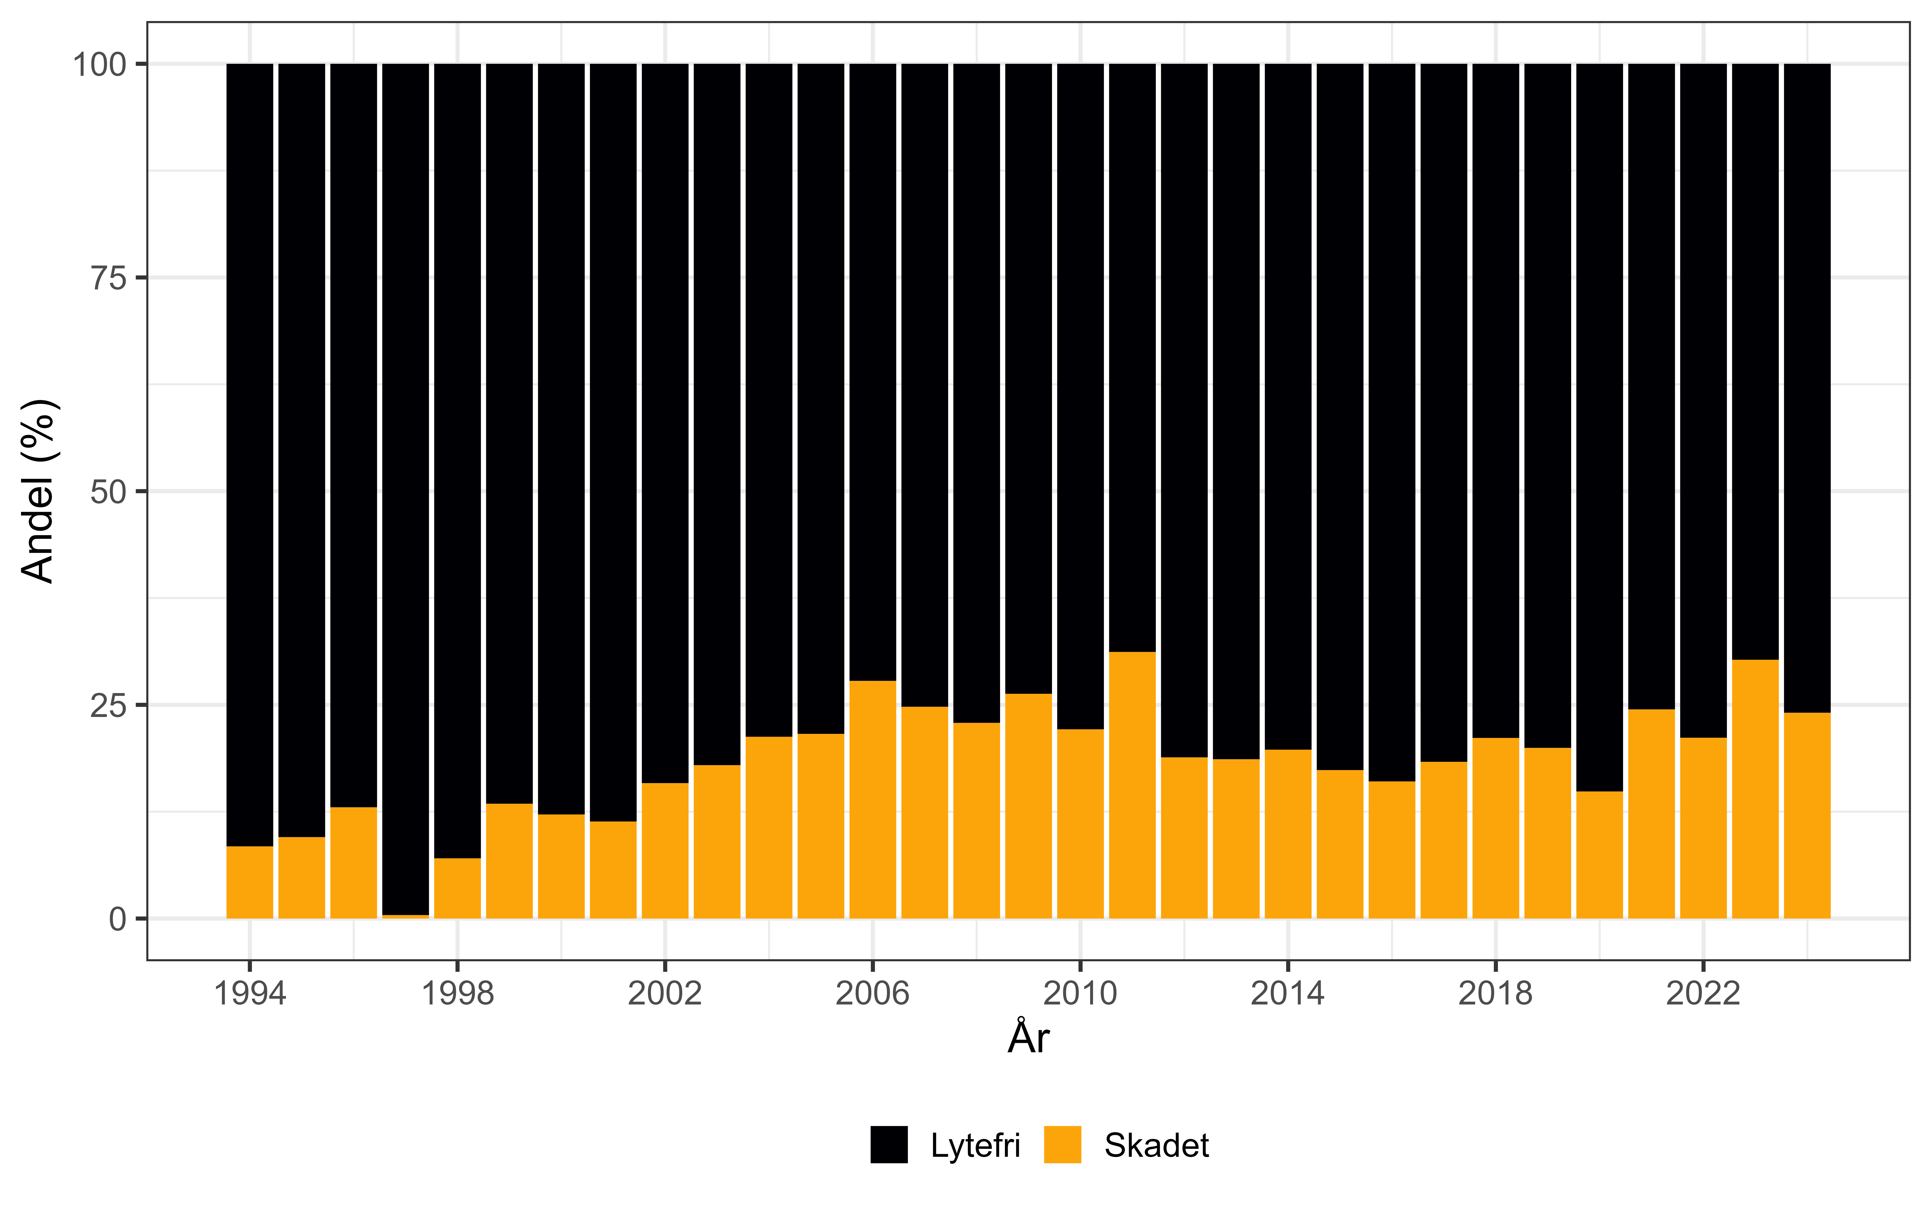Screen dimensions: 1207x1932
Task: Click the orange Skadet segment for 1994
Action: click(250, 882)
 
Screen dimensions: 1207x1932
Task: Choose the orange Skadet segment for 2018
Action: click(1495, 828)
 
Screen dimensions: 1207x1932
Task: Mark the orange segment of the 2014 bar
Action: click(1288, 834)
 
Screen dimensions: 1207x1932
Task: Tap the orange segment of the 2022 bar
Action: click(1703, 828)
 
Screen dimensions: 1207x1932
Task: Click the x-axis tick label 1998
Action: click(457, 994)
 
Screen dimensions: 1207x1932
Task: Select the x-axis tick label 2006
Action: click(873, 994)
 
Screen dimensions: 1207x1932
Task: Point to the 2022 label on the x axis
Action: click(1703, 994)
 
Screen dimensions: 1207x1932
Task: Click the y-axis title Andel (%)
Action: click(38, 491)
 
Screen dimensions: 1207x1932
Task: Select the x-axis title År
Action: click(1028, 1038)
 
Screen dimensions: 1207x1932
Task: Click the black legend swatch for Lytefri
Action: click(888, 1145)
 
